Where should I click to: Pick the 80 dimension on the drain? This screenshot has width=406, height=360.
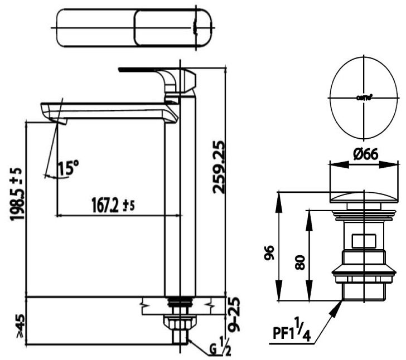click(x=300, y=262)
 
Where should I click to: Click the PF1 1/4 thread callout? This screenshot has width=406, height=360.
click(x=293, y=333)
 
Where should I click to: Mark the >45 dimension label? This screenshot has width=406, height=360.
click(x=19, y=327)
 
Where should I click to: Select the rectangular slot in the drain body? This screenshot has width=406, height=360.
click(x=364, y=241)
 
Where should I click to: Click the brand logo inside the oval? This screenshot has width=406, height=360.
click(x=364, y=98)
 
